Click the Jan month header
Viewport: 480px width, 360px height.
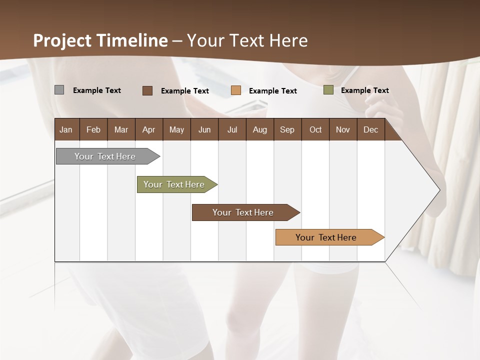point(66,129)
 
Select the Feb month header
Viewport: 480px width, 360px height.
point(93,129)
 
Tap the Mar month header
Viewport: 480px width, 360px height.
point(121,129)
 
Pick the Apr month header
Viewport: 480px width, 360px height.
point(149,129)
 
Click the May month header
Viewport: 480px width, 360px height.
point(176,129)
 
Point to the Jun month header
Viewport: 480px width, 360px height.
point(204,129)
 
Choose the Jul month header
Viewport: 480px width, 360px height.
point(232,129)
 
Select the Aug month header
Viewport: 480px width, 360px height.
point(260,129)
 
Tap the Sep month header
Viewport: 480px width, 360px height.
point(287,129)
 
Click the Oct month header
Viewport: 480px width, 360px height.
point(315,129)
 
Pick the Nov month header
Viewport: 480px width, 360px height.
point(343,129)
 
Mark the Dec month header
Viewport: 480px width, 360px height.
point(371,129)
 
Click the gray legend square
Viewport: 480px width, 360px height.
point(59,90)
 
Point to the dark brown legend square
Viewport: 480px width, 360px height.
point(147,90)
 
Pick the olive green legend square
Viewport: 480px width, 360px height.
point(328,90)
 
